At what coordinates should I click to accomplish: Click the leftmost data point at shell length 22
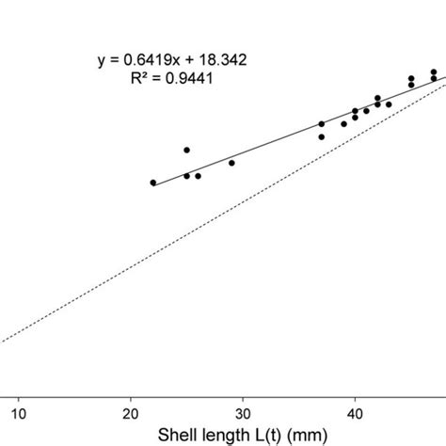click(x=153, y=183)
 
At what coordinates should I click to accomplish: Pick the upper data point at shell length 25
click(x=186, y=150)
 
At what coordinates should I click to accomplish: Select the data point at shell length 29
click(x=231, y=163)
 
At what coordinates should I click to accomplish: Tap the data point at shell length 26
click(x=198, y=176)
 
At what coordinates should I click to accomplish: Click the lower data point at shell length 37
click(x=321, y=136)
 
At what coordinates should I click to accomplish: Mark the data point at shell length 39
click(x=343, y=123)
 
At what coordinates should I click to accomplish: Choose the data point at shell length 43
click(x=389, y=104)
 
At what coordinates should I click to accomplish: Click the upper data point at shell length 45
click(x=411, y=78)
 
